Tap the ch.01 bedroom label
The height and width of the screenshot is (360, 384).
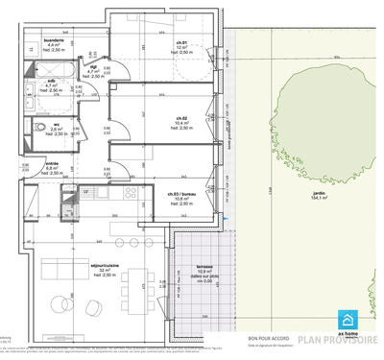183,43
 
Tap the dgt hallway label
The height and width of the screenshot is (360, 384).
94,66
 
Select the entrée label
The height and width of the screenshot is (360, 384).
52,164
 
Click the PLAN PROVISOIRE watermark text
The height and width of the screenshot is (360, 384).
337,340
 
